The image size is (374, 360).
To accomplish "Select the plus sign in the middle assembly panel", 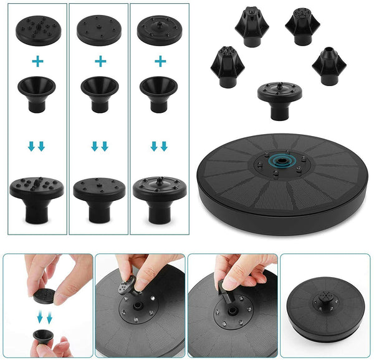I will [99, 61].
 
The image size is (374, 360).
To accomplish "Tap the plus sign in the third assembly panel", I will [160, 61].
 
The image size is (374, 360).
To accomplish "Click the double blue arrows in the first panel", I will [36, 147].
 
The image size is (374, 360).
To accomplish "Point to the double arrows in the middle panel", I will [99, 147].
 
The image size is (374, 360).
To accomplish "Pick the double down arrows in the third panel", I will [160, 147].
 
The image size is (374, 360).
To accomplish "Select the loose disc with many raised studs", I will [36, 28].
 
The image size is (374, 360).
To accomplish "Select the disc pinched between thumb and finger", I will [44, 294].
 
